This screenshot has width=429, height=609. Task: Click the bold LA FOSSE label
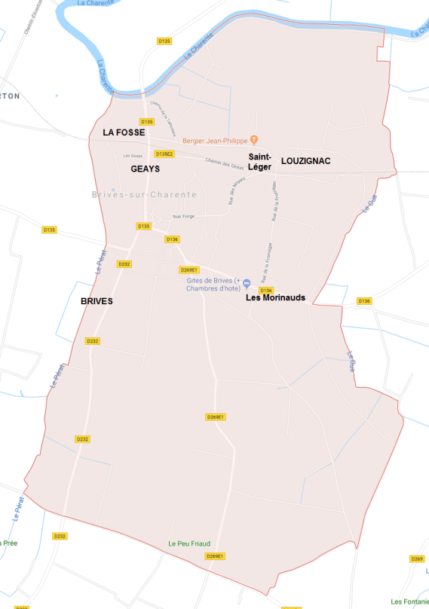point(124,132)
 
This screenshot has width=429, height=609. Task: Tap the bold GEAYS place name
point(146,169)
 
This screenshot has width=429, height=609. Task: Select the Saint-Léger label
point(259,162)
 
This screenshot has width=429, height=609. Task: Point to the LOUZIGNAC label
point(305,161)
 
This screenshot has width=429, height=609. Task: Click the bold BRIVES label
point(96,301)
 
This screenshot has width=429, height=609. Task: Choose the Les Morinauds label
point(276,298)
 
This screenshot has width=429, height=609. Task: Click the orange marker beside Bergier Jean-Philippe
point(254,139)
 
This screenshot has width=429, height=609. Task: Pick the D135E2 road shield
point(164,154)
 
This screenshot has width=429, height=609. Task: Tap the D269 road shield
point(417,559)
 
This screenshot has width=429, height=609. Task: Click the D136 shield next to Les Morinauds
point(265,290)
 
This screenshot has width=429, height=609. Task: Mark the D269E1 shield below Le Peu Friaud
point(216,556)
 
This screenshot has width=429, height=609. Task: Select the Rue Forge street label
point(183,217)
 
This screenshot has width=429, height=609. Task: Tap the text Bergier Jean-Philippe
point(215,140)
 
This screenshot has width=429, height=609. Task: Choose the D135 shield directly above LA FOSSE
point(147,121)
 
